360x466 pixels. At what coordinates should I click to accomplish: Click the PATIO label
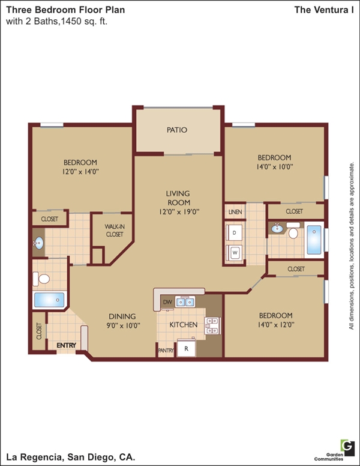177,130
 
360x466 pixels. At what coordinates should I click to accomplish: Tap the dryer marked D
234,232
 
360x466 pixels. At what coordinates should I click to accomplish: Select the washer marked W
234,253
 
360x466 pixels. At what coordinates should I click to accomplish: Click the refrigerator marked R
186,348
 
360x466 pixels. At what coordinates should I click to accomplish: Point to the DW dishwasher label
167,302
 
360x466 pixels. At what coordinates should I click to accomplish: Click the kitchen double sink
185,302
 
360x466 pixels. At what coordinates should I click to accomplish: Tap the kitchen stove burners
212,325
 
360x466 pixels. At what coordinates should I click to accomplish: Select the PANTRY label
166,350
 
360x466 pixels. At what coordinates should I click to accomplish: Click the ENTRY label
66,345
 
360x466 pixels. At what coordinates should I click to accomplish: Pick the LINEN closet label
235,212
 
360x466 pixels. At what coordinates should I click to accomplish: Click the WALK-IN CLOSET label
115,231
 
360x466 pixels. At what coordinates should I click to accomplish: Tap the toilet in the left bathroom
41,279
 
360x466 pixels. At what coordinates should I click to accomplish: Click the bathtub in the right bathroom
314,240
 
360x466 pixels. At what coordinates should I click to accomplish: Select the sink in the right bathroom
277,228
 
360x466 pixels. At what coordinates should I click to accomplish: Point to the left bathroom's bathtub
49,300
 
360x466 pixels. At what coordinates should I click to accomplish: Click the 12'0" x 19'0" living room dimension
179,212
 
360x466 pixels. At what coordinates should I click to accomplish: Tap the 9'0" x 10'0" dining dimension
123,325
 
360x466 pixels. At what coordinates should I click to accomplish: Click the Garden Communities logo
347,448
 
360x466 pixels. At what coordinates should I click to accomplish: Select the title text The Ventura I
324,10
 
